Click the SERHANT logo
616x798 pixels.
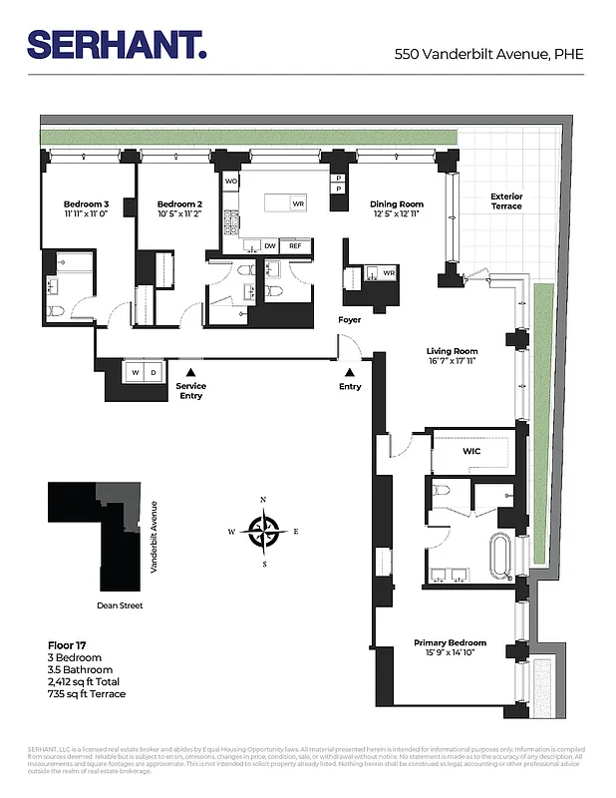(117, 45)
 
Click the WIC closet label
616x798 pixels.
(472, 451)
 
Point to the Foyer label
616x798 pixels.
(349, 320)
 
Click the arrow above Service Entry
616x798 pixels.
(190, 372)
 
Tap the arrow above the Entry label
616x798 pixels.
(349, 372)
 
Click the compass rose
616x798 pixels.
(264, 532)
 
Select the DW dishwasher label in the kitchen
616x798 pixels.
(270, 245)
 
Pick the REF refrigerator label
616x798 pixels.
(295, 245)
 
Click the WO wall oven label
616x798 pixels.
(230, 182)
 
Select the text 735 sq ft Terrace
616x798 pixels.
(87, 694)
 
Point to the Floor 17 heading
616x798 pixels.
(69, 645)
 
